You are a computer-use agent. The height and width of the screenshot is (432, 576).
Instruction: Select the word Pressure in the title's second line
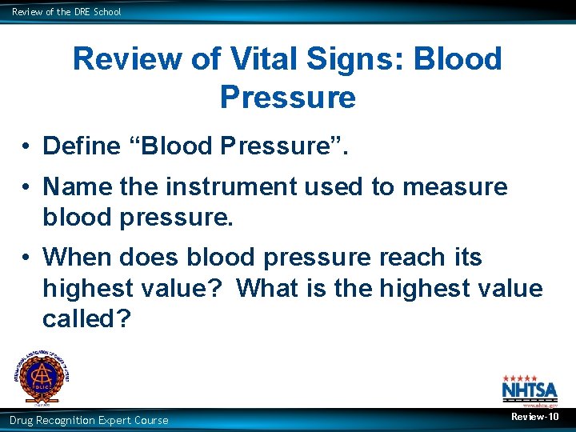coord(287,97)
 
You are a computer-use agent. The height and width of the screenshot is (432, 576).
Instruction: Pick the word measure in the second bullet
coord(455,186)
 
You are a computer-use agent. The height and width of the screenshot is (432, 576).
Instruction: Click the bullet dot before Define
coord(26,146)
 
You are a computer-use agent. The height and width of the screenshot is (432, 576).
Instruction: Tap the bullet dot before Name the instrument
coord(26,187)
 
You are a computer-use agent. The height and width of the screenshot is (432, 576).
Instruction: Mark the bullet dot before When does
coord(26,258)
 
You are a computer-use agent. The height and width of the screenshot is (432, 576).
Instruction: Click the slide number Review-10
coord(535,418)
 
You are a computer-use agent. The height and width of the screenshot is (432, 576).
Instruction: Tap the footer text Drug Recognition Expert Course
coord(89,420)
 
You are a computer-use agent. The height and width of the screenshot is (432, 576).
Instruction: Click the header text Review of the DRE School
coord(66,11)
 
